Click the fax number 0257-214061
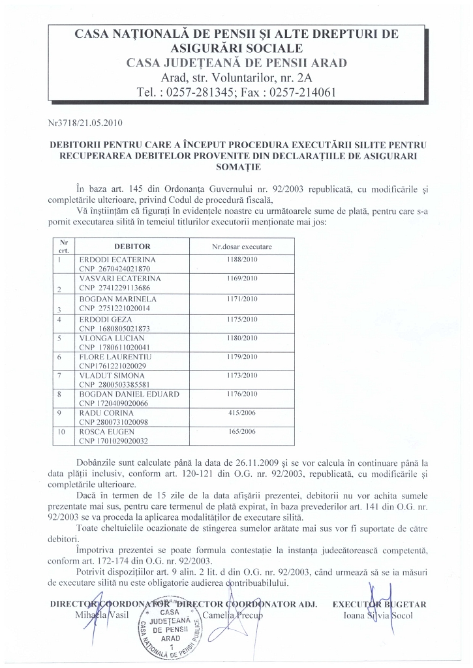click(x=298, y=92)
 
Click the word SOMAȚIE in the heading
click(x=237, y=167)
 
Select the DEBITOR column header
click(x=132, y=247)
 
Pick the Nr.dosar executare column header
click(x=241, y=247)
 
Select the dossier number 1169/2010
click(x=241, y=279)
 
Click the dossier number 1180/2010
click(x=241, y=339)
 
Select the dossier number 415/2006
click(x=241, y=414)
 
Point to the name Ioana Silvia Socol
click(x=378, y=615)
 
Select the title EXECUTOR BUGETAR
click(x=379, y=605)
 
